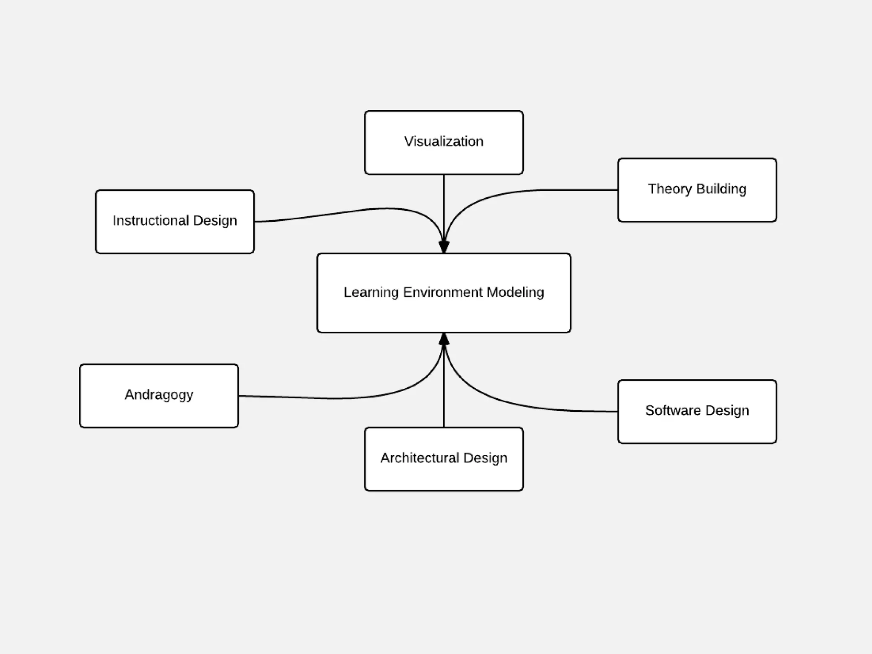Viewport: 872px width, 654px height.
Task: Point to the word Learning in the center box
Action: click(371, 293)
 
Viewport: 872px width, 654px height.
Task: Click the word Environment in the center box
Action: click(443, 293)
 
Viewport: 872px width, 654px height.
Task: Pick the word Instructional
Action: click(151, 221)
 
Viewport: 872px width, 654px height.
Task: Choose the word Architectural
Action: click(419, 458)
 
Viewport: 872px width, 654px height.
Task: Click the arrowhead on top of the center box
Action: click(444, 247)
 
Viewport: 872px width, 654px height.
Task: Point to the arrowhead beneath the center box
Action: click(444, 339)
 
